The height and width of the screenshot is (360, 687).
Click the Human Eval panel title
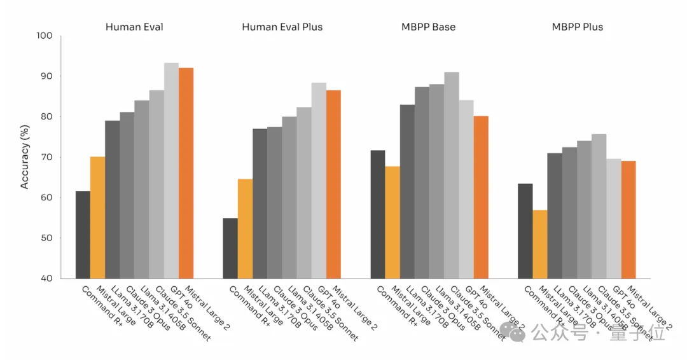click(134, 27)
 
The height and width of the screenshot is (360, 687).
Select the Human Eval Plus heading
click(282, 27)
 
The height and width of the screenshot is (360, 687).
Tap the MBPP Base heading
click(428, 27)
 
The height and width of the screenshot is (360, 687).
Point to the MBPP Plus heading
click(577, 27)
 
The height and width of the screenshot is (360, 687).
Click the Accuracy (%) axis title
click(25, 156)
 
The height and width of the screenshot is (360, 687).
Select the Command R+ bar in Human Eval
click(83, 235)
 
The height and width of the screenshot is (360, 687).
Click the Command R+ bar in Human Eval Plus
click(230, 248)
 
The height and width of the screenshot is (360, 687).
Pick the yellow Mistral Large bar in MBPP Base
click(392, 222)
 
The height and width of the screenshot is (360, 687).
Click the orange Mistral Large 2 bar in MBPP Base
click(481, 197)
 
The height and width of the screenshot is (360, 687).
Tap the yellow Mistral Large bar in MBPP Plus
click(540, 244)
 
